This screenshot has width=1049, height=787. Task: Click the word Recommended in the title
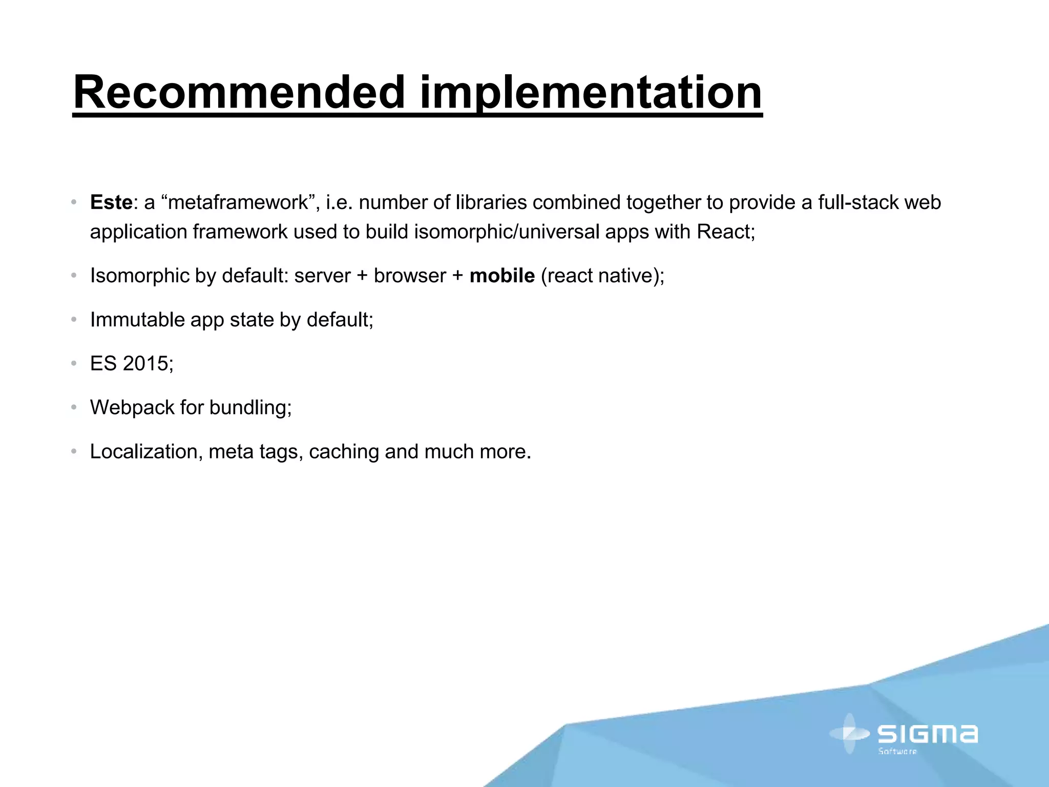coord(239,93)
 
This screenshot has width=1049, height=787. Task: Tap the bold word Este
coord(111,203)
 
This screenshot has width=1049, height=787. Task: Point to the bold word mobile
coord(502,276)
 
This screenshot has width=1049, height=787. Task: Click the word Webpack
coord(132,408)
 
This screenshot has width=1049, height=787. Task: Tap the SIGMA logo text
coord(928,734)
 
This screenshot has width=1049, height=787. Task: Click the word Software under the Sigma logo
coord(897,752)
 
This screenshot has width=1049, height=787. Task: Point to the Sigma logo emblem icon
coord(849,734)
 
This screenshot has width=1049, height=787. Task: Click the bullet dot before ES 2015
coord(74,364)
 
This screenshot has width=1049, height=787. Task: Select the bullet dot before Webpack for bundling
coord(74,408)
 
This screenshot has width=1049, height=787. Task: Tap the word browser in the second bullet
coord(410,276)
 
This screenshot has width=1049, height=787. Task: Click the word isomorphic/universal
coord(507,232)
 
